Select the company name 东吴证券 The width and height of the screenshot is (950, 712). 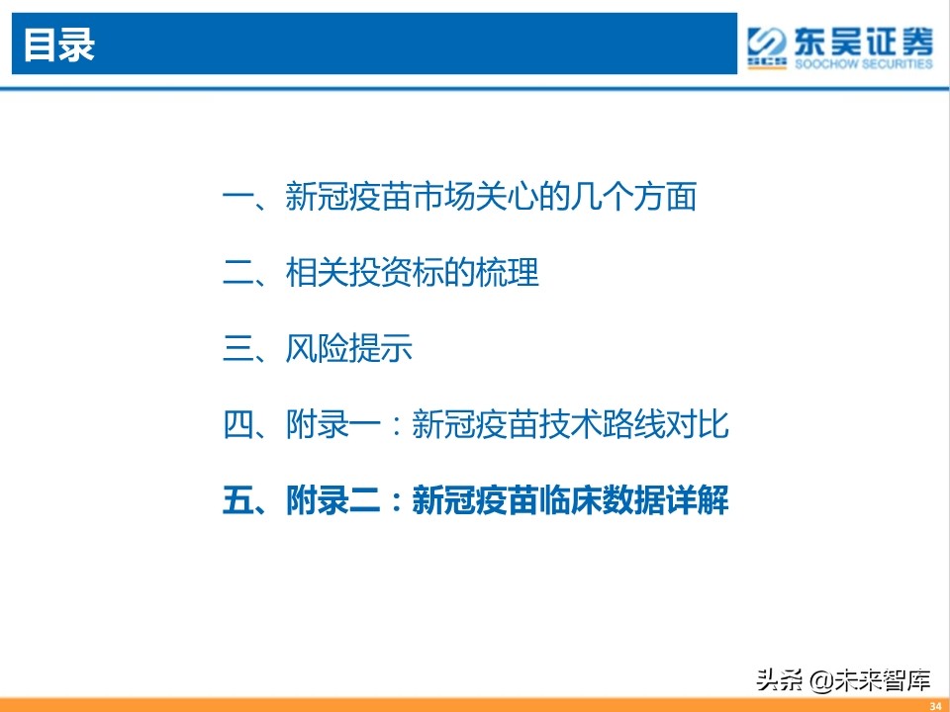[x=861, y=40]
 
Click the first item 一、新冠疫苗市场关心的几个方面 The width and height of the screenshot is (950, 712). [x=460, y=197]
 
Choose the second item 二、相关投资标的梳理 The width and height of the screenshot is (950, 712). [x=382, y=273]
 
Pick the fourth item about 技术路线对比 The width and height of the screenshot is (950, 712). [x=476, y=425]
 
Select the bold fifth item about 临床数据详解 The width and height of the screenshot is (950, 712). [x=476, y=501]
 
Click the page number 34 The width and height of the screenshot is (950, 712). [x=933, y=704]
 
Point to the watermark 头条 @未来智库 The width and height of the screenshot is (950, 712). [x=843, y=679]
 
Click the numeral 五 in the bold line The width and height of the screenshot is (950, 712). [x=238, y=501]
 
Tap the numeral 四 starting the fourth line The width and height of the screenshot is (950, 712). [x=238, y=425]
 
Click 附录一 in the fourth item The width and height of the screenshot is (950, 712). [x=333, y=425]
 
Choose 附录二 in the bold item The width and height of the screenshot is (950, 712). [x=333, y=501]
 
